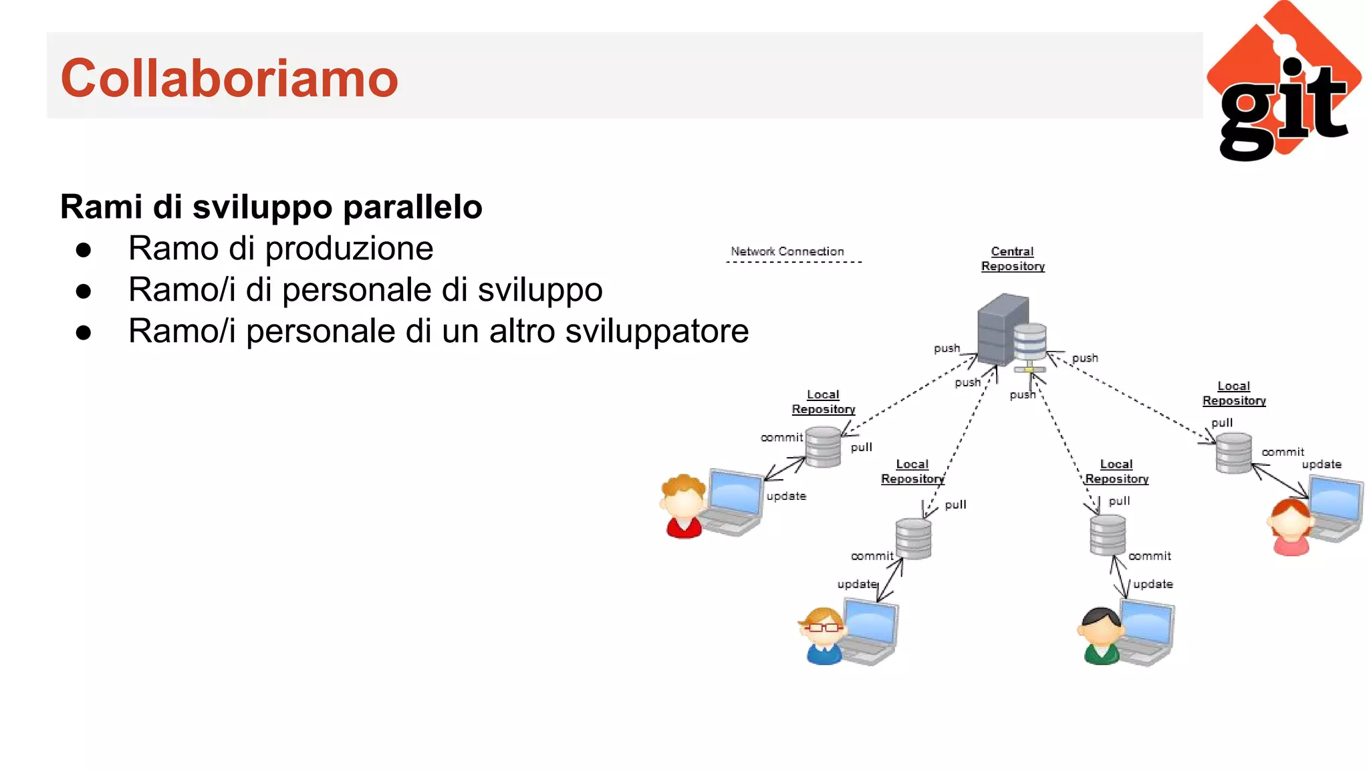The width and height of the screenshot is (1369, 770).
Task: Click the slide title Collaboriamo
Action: (229, 78)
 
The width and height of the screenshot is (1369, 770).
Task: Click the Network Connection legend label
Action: (787, 251)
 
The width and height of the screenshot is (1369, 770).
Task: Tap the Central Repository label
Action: (1013, 259)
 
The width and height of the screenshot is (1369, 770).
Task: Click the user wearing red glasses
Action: (822, 635)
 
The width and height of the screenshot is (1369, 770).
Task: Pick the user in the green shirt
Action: (1100, 636)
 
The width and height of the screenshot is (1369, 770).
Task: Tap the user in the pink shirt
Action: (1290, 527)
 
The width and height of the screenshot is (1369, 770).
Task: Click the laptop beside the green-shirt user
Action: (1147, 632)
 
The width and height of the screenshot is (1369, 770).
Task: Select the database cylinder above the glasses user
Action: (913, 538)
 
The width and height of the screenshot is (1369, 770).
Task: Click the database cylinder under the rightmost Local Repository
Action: (1233, 453)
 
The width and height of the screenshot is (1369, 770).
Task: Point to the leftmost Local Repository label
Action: (824, 402)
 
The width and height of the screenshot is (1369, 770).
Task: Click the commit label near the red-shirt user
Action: (781, 437)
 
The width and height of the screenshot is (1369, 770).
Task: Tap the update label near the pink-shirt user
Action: (1321, 464)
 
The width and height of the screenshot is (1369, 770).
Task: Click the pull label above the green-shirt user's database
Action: (1119, 501)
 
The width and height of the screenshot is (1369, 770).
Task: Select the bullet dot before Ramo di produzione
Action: (84, 250)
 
